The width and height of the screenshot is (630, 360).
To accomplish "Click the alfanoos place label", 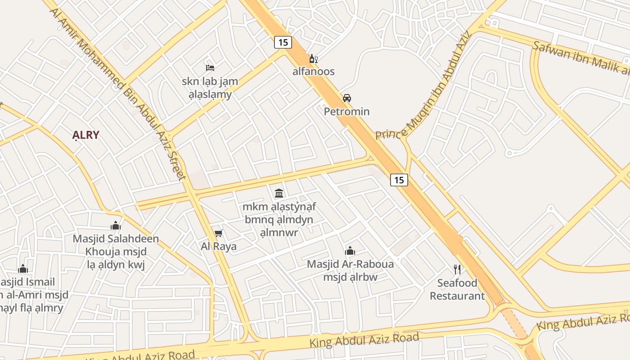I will [x=314, y=72].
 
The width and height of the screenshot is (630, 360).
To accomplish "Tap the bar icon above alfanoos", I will [x=313, y=58].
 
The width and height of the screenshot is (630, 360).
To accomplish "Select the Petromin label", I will [x=346, y=111].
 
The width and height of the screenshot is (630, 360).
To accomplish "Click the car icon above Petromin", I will [x=346, y=98].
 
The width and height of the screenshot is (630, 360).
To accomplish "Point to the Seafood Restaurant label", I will [x=457, y=289].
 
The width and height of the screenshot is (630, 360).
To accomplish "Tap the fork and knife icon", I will [x=457, y=270].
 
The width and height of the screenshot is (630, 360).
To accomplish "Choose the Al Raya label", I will [x=219, y=246].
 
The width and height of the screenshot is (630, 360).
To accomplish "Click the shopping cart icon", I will [x=219, y=233].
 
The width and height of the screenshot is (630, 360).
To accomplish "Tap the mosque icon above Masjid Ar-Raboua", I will [x=350, y=251].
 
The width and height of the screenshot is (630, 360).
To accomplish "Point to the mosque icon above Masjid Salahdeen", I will [x=116, y=225].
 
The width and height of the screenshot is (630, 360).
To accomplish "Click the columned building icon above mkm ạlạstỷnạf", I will [x=279, y=193].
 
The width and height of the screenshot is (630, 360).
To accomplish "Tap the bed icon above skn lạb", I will [x=210, y=68].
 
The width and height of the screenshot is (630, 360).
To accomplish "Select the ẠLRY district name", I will [x=85, y=135].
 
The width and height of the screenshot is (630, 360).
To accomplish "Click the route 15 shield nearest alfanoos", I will [x=283, y=42].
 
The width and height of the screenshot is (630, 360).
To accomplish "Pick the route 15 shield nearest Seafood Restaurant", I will [x=399, y=180].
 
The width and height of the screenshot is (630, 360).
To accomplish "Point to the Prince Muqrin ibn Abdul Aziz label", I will [x=423, y=85].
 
